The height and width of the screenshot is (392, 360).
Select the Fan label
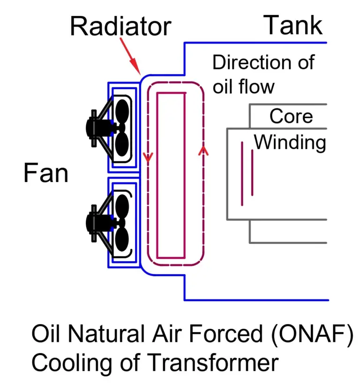[45, 173]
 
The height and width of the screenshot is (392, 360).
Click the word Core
[291, 116]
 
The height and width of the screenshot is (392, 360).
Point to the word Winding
[290, 142]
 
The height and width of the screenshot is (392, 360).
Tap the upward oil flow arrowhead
[203, 150]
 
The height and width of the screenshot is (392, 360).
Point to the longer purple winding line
[242, 173]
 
